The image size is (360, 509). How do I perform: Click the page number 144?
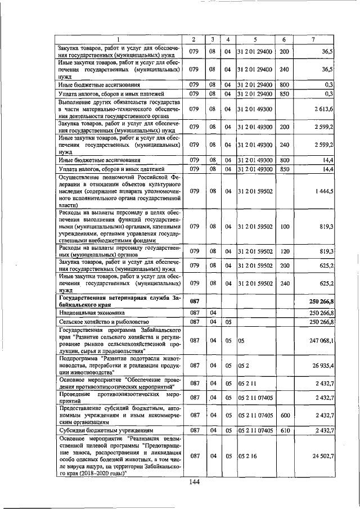point(195,482)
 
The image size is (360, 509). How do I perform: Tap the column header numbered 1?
point(118,39)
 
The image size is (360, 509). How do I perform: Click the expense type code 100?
point(284,227)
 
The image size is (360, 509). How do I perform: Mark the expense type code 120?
point(284,251)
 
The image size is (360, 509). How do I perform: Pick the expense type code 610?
point(284,430)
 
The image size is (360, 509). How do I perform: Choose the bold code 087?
point(194,301)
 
